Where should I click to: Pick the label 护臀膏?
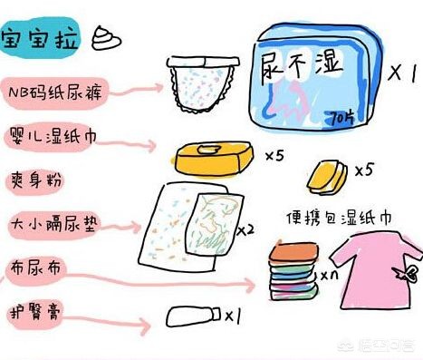(x=34, y=306)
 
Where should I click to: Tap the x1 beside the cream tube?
(x=233, y=316)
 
